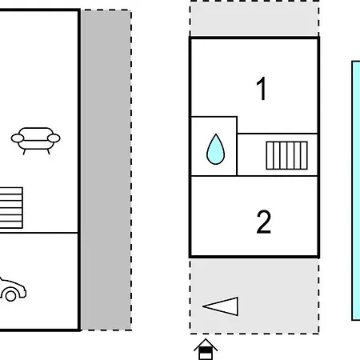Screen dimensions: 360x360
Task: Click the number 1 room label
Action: (262, 89)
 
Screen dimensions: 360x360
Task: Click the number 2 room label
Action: (263, 222)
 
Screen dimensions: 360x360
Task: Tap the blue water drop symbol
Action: (215, 150)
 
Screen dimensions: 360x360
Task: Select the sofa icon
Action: (35, 141)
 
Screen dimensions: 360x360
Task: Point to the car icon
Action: (13, 290)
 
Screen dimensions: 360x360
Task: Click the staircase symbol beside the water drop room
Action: (286, 155)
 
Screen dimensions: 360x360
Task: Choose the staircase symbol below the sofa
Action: (11, 208)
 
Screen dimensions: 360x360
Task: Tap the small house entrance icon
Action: (206, 350)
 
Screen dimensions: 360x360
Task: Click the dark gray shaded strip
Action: (106, 170)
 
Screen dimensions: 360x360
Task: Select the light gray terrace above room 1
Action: (254, 18)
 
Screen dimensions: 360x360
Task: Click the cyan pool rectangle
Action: (356, 190)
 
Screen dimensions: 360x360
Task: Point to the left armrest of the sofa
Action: (18, 138)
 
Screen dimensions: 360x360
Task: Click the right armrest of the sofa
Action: (54, 138)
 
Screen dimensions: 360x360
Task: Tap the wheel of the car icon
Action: (10, 296)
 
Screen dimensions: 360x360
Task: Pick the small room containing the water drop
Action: (214, 146)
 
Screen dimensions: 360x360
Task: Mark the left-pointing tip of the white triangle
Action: (202, 306)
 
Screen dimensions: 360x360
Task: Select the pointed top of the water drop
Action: (215, 134)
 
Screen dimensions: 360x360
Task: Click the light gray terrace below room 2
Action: (254, 296)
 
